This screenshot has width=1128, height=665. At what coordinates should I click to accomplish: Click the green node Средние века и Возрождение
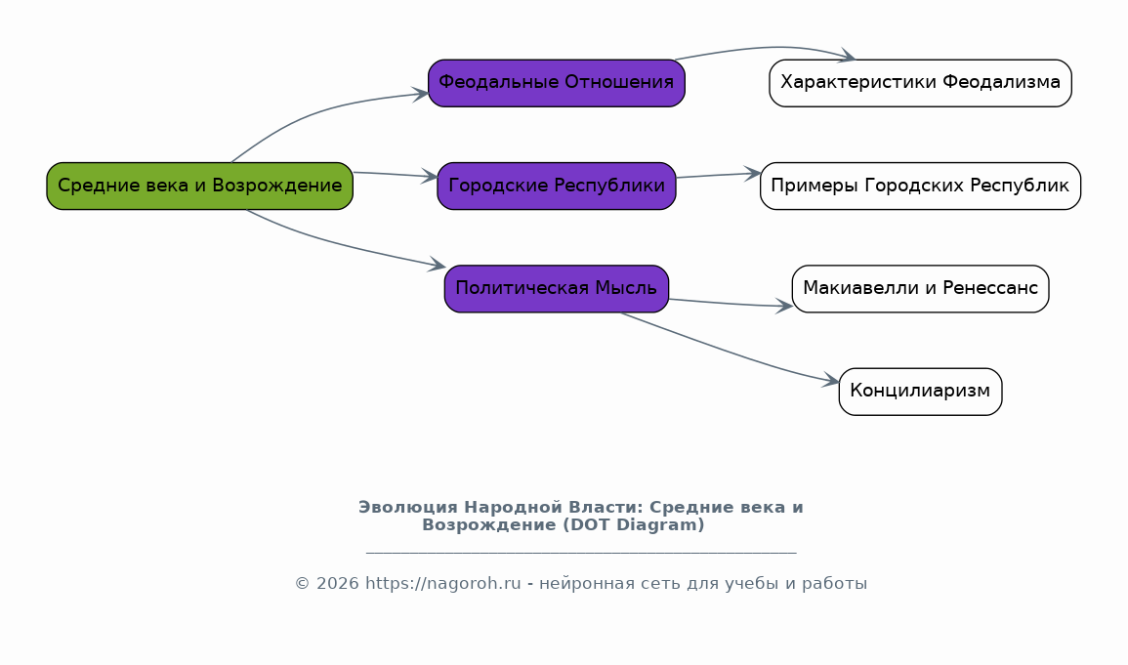[x=200, y=187]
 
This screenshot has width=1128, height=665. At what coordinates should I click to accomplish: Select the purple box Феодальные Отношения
[x=556, y=83]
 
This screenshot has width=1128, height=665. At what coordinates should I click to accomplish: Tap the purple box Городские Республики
[x=556, y=187]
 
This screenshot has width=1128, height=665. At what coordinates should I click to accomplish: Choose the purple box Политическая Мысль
[x=556, y=289]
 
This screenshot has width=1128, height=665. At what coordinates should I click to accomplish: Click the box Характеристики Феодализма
[x=920, y=83]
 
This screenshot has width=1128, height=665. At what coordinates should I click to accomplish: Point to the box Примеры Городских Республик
[x=920, y=187]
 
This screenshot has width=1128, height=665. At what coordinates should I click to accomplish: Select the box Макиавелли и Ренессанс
[x=920, y=289]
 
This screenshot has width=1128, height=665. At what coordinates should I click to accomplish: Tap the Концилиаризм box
[x=920, y=392]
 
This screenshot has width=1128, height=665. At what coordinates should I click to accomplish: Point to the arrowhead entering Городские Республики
[x=430, y=176]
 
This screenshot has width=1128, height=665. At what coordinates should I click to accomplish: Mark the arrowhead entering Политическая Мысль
[x=438, y=266]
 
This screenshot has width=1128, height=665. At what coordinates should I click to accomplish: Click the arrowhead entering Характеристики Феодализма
[x=847, y=56]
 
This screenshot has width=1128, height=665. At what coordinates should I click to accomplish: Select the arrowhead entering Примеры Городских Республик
[x=752, y=173]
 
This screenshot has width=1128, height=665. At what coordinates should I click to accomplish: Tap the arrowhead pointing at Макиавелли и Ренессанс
[x=784, y=307]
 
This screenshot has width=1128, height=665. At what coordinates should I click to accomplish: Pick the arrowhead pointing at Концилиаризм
[x=831, y=380]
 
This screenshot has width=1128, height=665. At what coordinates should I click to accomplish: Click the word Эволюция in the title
[x=408, y=508]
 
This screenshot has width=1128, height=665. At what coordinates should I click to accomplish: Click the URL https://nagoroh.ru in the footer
[x=443, y=584]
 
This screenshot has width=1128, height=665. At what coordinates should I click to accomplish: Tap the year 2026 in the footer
[x=337, y=584]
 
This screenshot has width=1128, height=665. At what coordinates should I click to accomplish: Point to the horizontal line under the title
[x=581, y=553]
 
